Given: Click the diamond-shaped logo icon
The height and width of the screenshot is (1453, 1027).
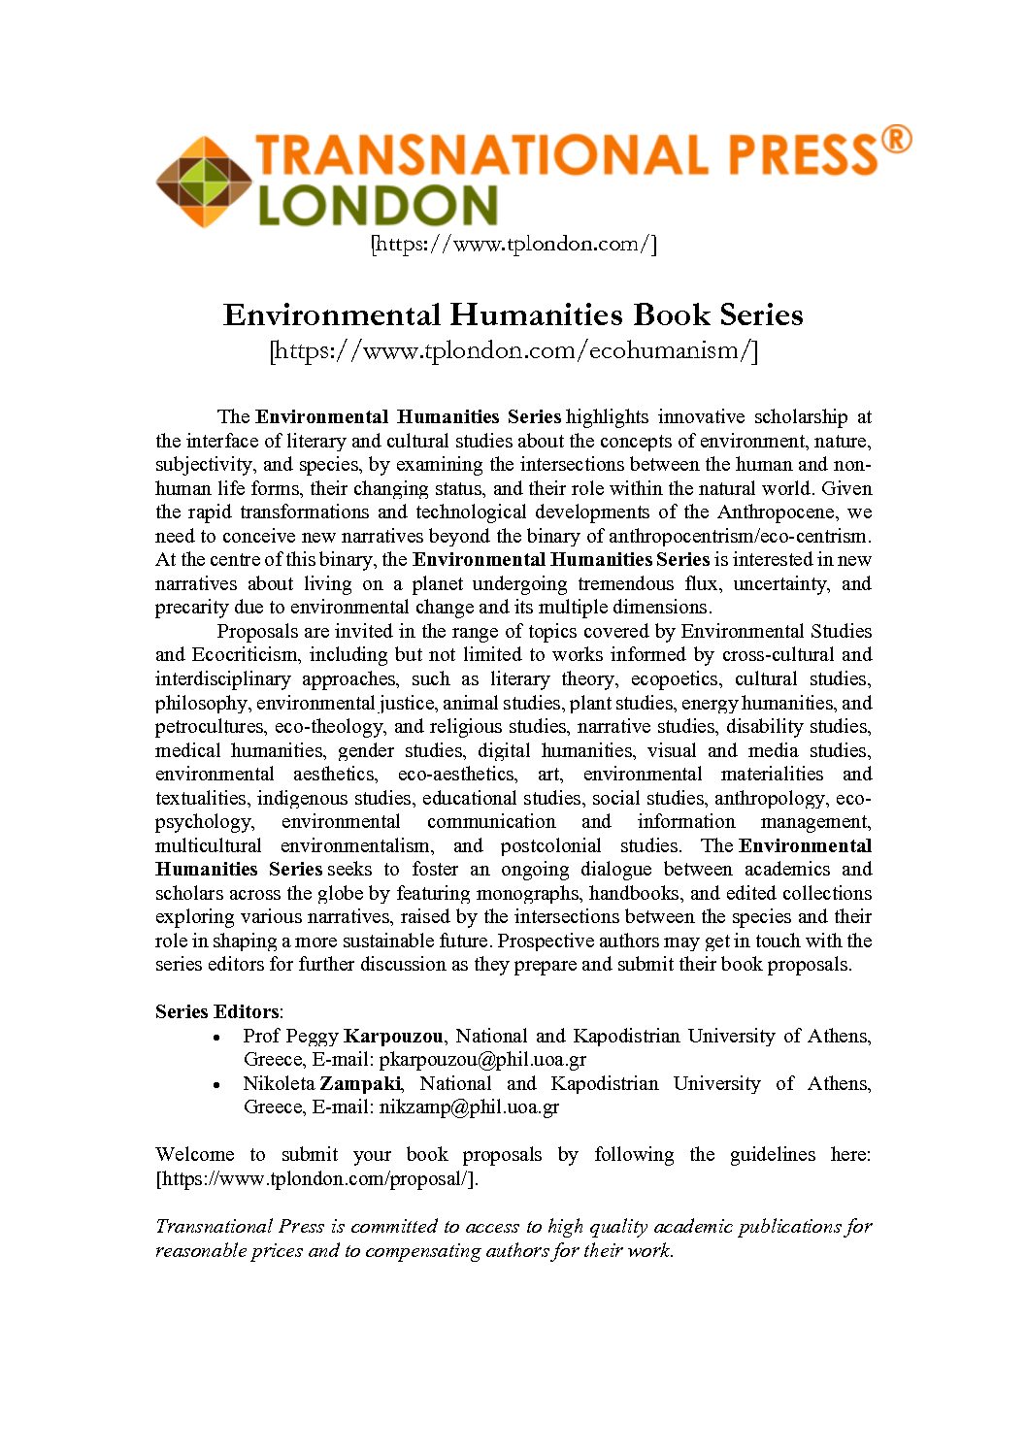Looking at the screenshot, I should click(204, 182).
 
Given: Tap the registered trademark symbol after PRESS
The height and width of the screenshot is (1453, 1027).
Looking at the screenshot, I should click(896, 140).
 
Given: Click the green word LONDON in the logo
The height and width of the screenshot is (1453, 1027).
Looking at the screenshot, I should click(378, 206).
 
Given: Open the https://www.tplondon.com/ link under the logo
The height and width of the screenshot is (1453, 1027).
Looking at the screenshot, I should click(513, 244).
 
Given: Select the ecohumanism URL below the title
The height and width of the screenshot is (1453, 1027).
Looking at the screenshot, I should click(513, 350).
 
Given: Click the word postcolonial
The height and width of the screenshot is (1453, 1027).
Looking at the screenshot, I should click(550, 845).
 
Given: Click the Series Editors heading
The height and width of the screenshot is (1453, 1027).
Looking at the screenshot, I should click(217, 1011).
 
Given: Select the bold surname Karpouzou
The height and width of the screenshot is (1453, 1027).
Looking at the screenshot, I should click(393, 1036).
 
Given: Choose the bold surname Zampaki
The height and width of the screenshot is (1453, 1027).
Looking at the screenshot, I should click(360, 1083).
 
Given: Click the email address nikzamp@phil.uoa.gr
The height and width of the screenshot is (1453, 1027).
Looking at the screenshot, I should click(469, 1106).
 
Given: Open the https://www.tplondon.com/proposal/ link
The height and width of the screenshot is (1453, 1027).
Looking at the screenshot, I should click(316, 1178).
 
